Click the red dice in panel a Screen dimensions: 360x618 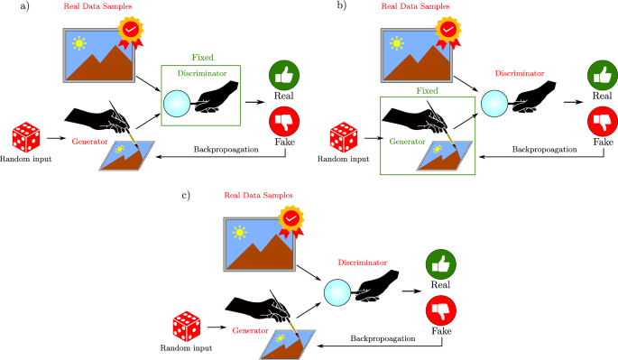(26, 139)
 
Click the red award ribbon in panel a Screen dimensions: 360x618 (132, 32)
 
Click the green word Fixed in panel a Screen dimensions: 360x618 (203, 56)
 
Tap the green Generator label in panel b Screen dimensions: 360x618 (406, 142)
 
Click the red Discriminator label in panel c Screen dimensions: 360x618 (364, 263)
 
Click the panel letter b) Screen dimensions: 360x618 (341, 6)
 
